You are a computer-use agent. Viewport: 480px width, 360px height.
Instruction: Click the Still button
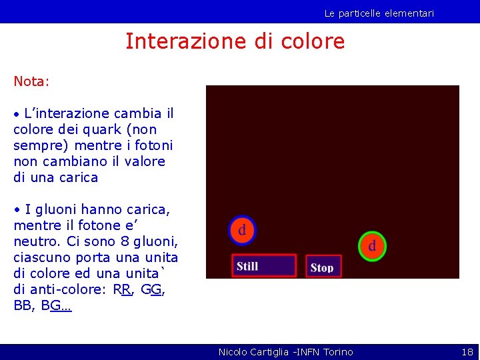[x=264, y=266]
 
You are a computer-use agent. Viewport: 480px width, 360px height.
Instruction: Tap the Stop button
[x=323, y=267]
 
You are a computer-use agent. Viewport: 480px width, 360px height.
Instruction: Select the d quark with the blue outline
[x=242, y=231]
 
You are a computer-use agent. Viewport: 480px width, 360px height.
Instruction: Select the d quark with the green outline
[x=372, y=246]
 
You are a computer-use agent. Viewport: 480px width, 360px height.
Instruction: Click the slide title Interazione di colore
[x=235, y=42]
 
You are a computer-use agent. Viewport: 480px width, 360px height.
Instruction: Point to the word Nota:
[x=31, y=81]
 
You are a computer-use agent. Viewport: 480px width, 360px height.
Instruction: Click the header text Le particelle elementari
[x=379, y=13]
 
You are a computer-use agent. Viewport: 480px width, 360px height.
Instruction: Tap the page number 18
[x=467, y=351]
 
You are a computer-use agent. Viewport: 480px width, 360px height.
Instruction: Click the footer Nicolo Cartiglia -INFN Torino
[x=285, y=351]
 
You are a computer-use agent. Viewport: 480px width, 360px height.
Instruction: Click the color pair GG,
[x=155, y=290]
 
